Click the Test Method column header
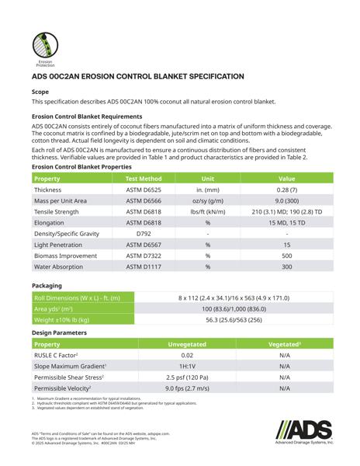click(144, 178)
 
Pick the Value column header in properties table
click(286, 178)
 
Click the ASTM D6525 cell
click(144, 190)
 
